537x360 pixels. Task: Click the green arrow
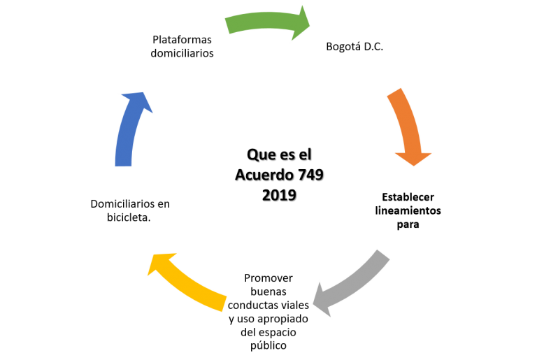coord(267,21)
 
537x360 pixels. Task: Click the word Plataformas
coord(182,40)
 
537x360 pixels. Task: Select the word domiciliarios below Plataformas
coord(182,53)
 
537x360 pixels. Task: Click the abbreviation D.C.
coord(373,47)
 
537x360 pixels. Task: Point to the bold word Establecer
coord(408,197)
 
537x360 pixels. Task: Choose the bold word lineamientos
coord(408,210)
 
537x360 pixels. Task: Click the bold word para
coord(408,224)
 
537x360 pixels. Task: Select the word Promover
coord(268,278)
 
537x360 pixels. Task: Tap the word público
coord(268,345)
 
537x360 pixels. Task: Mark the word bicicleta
coord(129,217)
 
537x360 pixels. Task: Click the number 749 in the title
coord(310,175)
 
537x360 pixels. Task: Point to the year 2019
coord(279,195)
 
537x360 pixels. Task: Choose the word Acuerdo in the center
coord(264,175)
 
